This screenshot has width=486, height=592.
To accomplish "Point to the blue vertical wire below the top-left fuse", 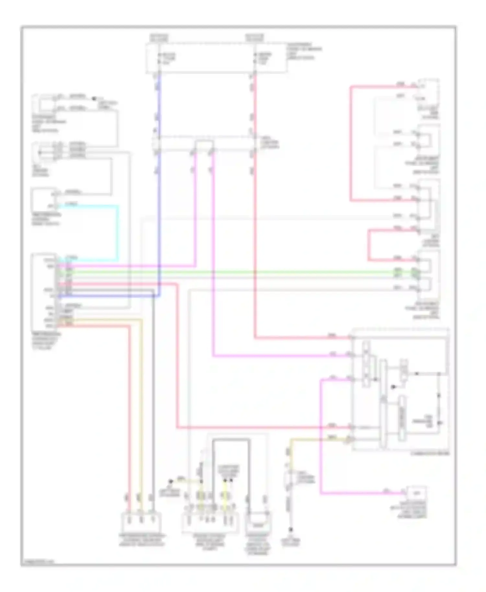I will [x=159, y=107].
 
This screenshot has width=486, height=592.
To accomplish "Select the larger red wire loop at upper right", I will [x=351, y=142].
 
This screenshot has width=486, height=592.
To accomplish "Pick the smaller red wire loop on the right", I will [x=369, y=245].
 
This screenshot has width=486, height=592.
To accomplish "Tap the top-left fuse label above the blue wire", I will [x=159, y=38].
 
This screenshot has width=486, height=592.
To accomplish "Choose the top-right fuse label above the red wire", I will [x=254, y=38].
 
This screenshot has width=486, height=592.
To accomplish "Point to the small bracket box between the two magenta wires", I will [x=204, y=145].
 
